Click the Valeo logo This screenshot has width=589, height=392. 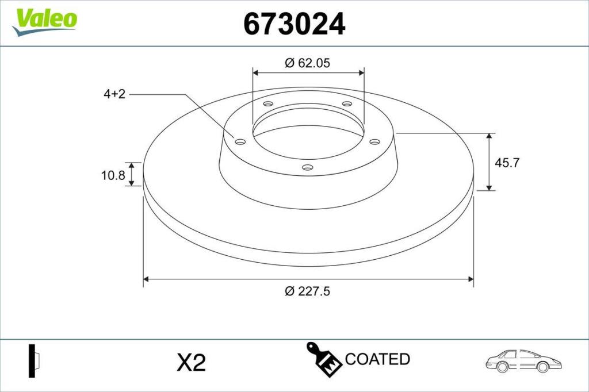coord(45,22)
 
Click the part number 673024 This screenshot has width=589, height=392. coord(294,24)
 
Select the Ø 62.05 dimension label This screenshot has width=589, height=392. coord(307,63)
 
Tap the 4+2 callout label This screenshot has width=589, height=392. coord(114,94)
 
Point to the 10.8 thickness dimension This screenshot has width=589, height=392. coord(113,175)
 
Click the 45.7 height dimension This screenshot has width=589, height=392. coord(507,163)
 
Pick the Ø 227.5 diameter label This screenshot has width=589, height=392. coord(307,291)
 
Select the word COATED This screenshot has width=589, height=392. coord(377,359)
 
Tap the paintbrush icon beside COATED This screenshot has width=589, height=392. coord(324,359)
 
